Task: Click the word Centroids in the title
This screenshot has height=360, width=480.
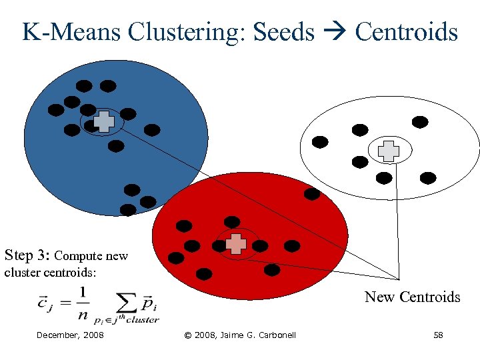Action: click(406, 32)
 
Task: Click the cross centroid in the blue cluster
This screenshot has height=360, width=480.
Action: click(103, 121)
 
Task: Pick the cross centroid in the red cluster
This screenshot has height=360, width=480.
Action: click(235, 244)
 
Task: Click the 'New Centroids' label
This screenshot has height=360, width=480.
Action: click(412, 297)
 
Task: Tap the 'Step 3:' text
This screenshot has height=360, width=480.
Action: click(27, 255)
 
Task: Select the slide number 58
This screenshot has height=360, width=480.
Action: click(438, 335)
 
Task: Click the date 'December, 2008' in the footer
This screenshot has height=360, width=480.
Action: click(70, 335)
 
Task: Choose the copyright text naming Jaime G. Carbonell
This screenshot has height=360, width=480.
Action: click(239, 335)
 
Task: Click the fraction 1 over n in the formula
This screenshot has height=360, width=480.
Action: click(82, 301)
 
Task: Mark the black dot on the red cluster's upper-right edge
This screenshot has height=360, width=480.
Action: click(312, 194)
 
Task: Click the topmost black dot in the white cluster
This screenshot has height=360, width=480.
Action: click(419, 122)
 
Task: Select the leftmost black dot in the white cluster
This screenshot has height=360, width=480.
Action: click(320, 141)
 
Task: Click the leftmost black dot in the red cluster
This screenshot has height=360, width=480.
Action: click(176, 257)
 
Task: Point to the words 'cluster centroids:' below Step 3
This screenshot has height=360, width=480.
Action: click(50, 273)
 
